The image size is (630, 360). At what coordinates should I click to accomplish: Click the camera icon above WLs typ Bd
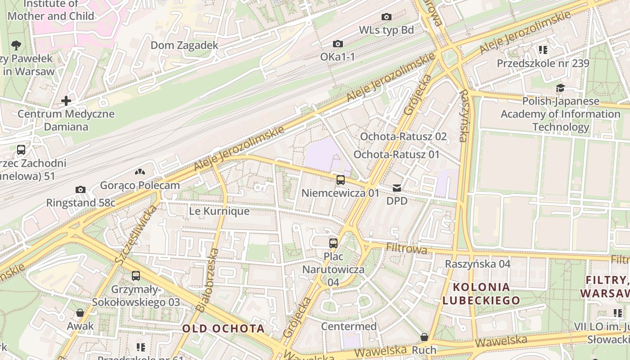tap(386, 17)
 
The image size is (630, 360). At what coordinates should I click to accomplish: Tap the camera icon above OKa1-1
tap(337, 44)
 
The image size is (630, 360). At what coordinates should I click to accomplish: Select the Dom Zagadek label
tap(184, 45)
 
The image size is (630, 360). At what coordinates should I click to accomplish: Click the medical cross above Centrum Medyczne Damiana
tap(66, 101)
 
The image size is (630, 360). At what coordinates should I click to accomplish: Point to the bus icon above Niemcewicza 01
tap(341, 180)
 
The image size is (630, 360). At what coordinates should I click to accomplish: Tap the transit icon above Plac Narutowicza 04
tap(333, 243)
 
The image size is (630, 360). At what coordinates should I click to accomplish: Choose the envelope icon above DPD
tap(396, 188)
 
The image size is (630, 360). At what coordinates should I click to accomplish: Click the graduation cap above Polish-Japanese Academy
tap(560, 88)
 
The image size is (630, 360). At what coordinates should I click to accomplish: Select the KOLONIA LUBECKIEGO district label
tap(481, 293)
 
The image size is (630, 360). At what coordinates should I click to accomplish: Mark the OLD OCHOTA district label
tap(223, 328)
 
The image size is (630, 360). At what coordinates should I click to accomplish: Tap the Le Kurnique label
tap(219, 211)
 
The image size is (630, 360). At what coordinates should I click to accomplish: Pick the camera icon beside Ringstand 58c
tap(81, 189)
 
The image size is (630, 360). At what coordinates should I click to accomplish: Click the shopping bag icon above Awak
tap(80, 313)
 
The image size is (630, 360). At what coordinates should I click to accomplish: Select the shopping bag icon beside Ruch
tap(424, 337)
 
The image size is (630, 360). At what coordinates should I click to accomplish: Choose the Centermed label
tap(349, 326)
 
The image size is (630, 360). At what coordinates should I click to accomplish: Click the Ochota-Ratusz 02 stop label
tap(404, 136)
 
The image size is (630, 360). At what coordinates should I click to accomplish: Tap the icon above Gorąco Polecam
tap(140, 172)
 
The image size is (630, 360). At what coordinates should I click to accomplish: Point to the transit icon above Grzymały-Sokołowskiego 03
tap(136, 276)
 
